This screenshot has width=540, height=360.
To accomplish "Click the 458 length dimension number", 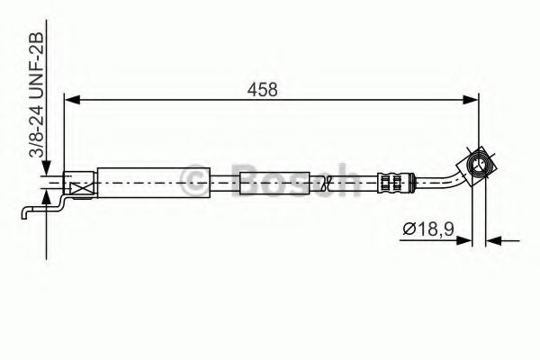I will click(x=264, y=89).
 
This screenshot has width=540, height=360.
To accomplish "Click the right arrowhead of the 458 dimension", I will click(x=469, y=101).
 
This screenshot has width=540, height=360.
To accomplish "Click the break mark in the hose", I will click(x=334, y=186).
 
